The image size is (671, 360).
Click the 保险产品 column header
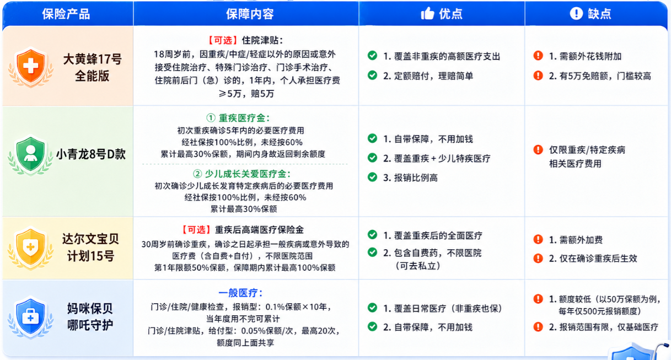coord(66,14)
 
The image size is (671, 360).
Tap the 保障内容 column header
coord(250,14)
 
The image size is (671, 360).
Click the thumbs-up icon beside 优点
coord(427,13)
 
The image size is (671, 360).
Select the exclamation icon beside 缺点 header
coord(576,13)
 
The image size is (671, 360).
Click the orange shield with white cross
coord(30,67)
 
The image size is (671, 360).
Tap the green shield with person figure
coord(30,155)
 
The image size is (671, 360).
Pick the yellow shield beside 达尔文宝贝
coord(30,248)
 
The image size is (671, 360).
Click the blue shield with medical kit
coord(30,318)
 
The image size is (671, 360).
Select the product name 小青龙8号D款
coord(91,154)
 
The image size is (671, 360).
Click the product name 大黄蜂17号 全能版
coord(92,68)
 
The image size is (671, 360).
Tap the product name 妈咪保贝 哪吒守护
coord(90,317)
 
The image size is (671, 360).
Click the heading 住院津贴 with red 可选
coord(245,40)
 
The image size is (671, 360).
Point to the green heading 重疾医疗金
coord(238,118)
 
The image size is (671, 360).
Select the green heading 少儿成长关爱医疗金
coord(241,174)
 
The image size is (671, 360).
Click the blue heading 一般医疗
coord(240,293)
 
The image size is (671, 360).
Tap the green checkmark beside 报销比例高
coord(372,177)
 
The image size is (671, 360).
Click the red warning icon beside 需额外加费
coord(538,239)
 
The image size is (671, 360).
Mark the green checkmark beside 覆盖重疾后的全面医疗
coord(372,234)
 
